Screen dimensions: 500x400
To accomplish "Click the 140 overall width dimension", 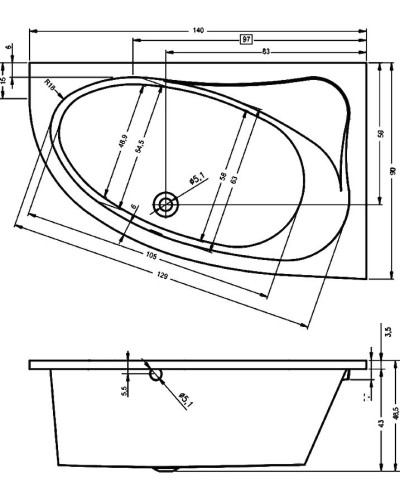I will (198, 30).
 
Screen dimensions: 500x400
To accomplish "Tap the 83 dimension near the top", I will (264, 51).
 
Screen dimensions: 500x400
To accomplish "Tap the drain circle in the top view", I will (166, 204).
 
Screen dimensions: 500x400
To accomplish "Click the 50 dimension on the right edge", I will (380, 133).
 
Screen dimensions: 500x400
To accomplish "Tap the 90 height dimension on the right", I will (394, 172).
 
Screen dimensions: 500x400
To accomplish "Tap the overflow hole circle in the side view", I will (155, 375).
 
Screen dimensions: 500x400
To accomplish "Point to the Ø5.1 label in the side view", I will (184, 401).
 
